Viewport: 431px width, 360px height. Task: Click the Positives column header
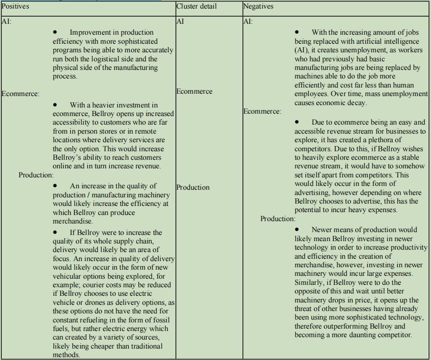(x=16, y=6)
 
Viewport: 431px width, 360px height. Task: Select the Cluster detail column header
(x=196, y=6)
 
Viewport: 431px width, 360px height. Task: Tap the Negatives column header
(x=258, y=6)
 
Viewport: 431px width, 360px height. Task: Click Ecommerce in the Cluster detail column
(x=194, y=91)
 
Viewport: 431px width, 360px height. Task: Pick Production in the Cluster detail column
(x=193, y=187)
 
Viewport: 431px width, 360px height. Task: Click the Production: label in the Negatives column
(x=278, y=219)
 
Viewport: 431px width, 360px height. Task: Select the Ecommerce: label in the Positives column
(x=20, y=94)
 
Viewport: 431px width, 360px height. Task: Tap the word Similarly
(x=311, y=282)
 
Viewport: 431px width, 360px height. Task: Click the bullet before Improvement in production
(x=55, y=32)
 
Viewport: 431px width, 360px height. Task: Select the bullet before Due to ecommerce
(x=297, y=122)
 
